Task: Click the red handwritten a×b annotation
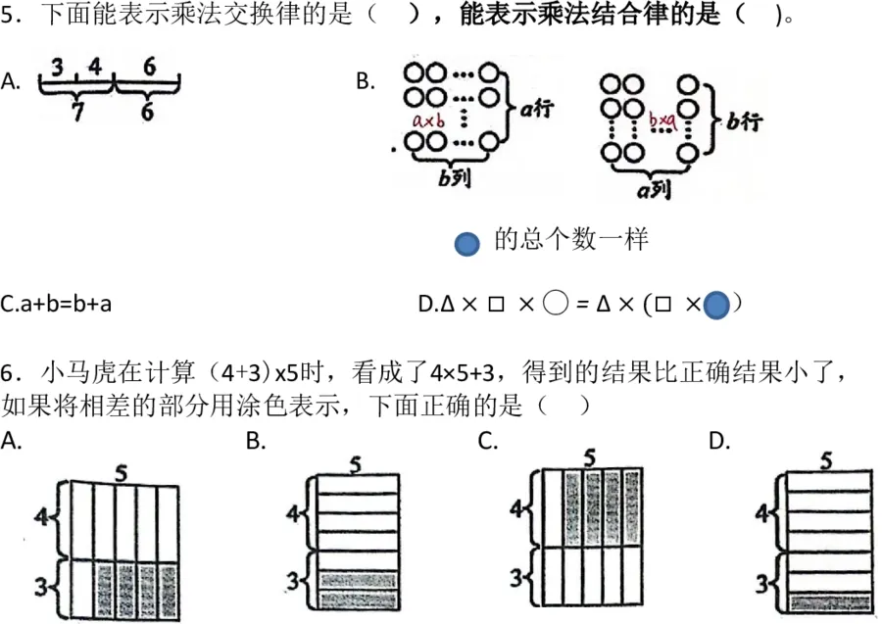428,120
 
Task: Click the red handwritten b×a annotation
662,120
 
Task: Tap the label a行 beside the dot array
537,108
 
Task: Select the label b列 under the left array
454,177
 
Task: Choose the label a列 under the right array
655,190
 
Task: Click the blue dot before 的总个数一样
466,244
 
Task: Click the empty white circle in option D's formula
556,304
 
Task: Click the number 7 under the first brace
77,112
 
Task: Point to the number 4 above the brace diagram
95,67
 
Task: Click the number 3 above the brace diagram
58,67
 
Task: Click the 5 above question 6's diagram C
589,458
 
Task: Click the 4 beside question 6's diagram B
292,513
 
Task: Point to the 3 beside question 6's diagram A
41,586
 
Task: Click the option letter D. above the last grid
719,441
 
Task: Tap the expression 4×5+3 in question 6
463,372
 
